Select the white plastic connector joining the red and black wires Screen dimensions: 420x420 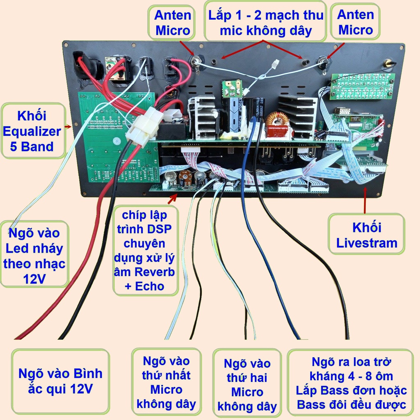144,126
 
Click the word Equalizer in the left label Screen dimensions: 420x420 34,131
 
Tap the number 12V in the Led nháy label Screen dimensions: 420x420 34,279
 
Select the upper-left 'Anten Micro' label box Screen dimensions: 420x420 173,23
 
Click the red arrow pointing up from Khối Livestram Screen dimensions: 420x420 365,200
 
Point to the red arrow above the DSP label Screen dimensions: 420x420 173,199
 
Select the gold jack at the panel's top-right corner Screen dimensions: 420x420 388,64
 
